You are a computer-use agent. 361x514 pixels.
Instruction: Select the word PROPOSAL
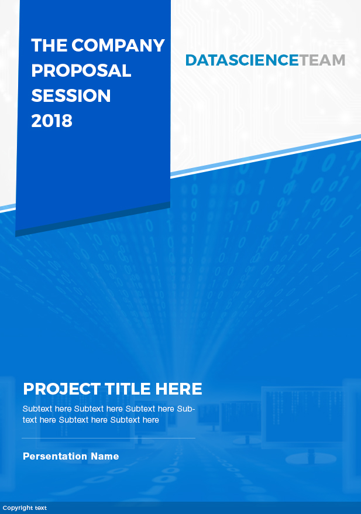click(x=81, y=71)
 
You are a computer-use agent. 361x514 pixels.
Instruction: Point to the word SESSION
click(x=71, y=96)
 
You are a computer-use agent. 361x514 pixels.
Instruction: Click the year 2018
click(x=51, y=121)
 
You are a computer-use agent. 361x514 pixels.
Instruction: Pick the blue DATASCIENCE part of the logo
click(x=242, y=60)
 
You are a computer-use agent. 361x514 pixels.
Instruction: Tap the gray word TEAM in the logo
click(x=322, y=60)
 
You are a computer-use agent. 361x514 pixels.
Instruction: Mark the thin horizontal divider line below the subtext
click(x=108, y=438)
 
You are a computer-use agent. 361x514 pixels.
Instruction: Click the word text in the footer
click(x=40, y=508)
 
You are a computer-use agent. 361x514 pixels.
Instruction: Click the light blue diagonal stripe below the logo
click(x=263, y=156)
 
